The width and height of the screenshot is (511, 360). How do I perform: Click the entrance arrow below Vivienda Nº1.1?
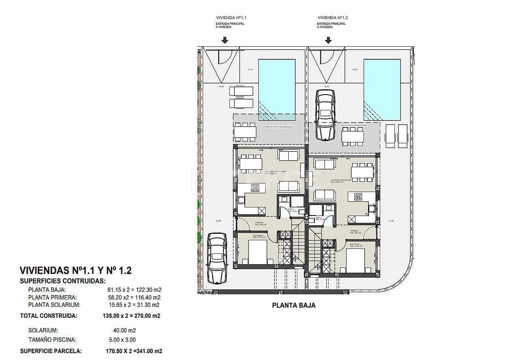tap(225, 40)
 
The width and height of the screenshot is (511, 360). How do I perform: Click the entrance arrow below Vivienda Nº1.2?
tap(328, 40)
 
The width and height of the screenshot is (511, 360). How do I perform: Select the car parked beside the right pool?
tap(325, 114)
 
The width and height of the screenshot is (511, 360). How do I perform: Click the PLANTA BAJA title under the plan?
tap(293, 306)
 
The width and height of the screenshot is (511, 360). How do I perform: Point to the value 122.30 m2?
tap(147, 290)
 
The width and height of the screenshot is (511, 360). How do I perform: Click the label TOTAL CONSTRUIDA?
tap(48, 315)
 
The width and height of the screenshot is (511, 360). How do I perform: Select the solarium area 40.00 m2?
tap(124, 330)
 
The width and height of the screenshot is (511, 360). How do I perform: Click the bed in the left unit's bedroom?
tap(258, 252)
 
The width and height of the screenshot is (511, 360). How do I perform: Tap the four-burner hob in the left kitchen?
tap(255, 188)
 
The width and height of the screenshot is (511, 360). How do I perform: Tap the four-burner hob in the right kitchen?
tap(358, 197)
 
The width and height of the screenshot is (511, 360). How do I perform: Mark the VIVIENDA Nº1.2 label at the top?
tap(333, 18)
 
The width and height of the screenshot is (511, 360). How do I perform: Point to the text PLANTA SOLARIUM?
tap(54, 305)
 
